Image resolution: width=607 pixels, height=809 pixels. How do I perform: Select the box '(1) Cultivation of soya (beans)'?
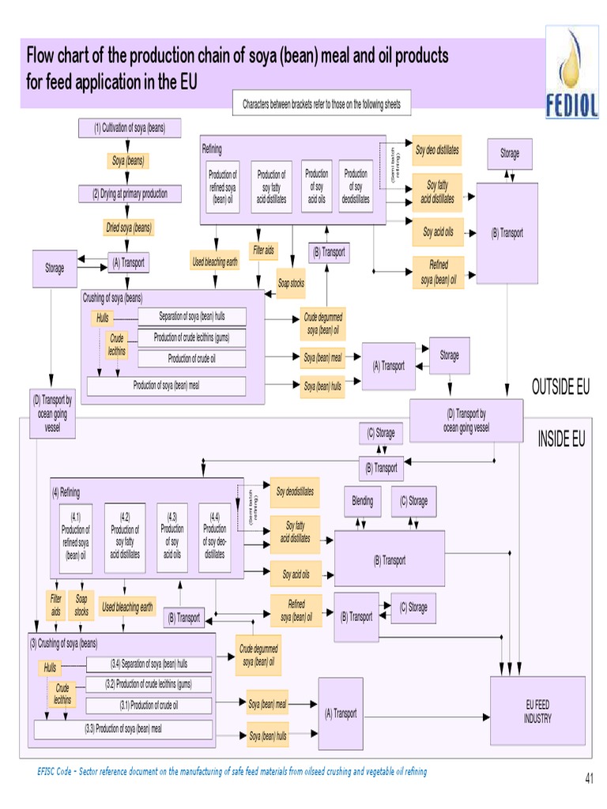[130, 127]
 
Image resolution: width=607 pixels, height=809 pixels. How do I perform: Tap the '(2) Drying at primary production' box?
[130, 194]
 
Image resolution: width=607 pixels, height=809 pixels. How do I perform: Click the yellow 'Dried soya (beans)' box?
[129, 228]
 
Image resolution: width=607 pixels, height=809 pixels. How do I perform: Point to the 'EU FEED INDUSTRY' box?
[537, 711]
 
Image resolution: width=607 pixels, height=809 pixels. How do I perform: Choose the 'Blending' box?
[362, 501]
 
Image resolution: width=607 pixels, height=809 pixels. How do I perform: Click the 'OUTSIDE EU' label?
[560, 386]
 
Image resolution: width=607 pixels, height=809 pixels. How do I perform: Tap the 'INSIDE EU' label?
[561, 439]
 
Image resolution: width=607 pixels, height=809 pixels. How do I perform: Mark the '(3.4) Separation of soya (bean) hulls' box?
[149, 664]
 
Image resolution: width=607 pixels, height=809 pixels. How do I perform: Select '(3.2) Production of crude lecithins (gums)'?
[149, 684]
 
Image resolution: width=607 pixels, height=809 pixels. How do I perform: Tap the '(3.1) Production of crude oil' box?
[149, 706]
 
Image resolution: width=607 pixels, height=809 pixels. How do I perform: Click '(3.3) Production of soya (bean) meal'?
[123, 729]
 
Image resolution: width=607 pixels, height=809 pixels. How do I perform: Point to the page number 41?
[589, 779]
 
